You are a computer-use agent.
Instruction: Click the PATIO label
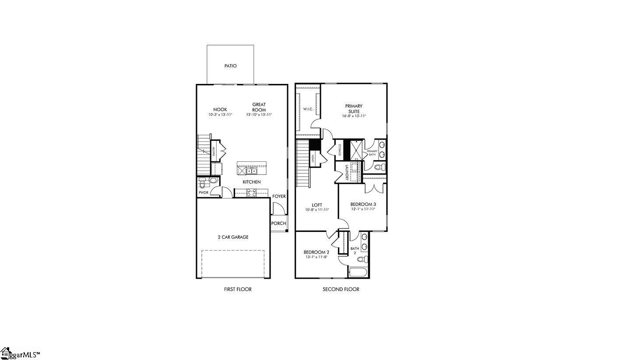coord(230,66)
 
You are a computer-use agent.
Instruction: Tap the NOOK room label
coord(220,110)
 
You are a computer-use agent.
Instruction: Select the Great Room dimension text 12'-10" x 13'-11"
coord(259,115)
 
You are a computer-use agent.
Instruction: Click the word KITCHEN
coord(252,182)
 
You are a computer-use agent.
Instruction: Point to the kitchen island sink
coord(251,171)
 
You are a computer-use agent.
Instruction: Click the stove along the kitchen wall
coord(251,192)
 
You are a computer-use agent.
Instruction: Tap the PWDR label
coord(203,192)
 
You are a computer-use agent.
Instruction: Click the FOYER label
coord(279,196)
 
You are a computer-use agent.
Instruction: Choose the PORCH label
coord(278,224)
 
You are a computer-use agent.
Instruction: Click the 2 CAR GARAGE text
coord(233,237)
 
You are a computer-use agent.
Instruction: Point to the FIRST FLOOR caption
coord(237,289)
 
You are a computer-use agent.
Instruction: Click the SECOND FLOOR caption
coord(341,289)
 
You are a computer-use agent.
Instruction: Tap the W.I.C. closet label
coord(308,109)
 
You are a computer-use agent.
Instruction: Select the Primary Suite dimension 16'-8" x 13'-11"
coord(354,116)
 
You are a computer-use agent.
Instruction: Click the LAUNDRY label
coord(346,172)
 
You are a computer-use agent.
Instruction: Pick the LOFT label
coord(317,205)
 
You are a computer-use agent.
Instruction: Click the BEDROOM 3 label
coord(363,204)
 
